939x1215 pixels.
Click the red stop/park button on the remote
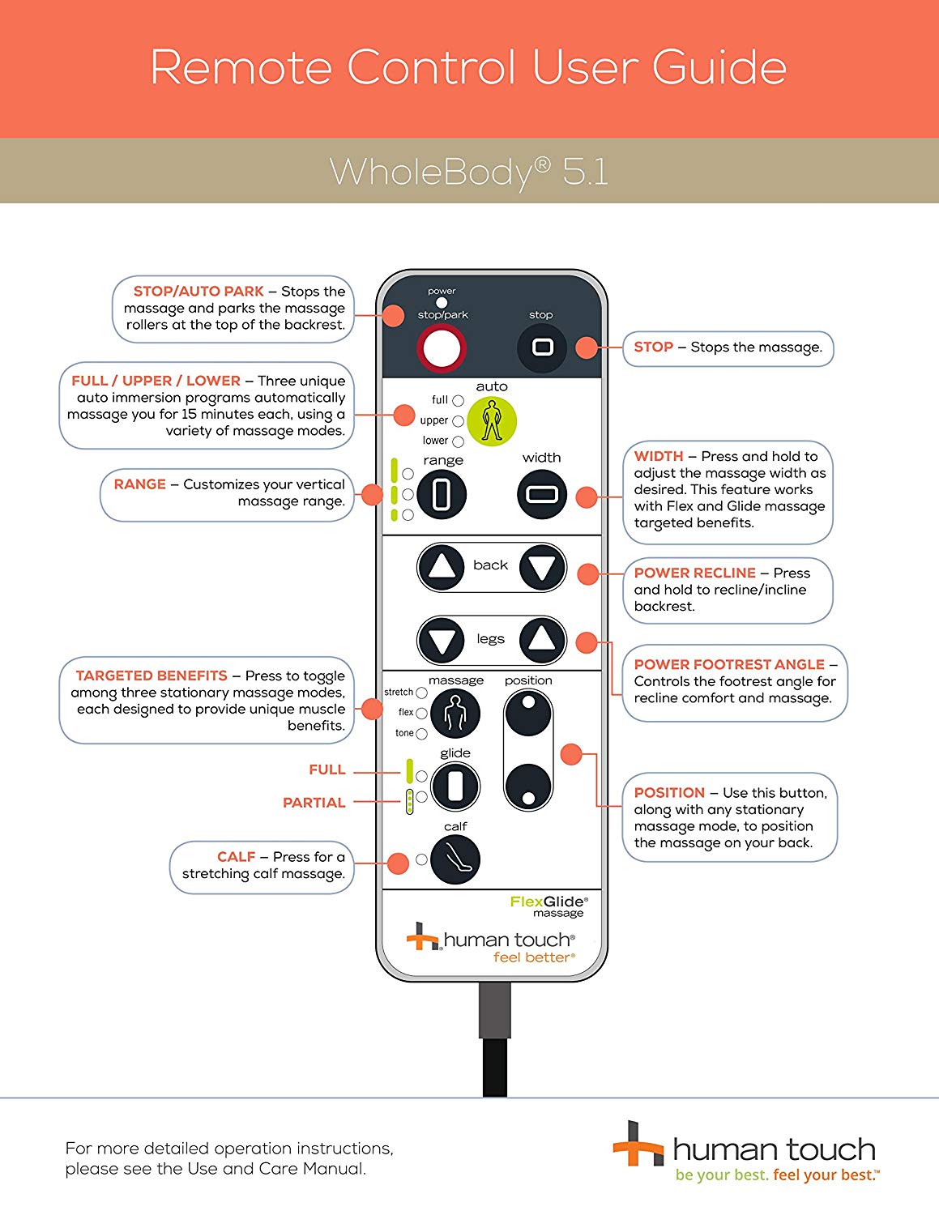(440, 349)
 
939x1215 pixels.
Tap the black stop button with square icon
(542, 348)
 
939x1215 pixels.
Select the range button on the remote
(442, 494)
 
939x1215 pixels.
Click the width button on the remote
(542, 493)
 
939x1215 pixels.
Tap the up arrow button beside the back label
(442, 566)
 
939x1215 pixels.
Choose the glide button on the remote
(455, 786)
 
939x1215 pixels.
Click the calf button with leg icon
(455, 859)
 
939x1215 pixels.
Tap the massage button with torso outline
(455, 714)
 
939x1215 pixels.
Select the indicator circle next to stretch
(421, 693)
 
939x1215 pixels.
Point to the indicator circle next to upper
(458, 421)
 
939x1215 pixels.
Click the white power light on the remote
(442, 303)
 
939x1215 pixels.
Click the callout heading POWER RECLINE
(694, 573)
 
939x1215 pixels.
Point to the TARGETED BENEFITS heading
(152, 676)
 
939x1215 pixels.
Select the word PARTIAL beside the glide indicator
(314, 803)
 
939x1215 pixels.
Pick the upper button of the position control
(528, 713)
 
